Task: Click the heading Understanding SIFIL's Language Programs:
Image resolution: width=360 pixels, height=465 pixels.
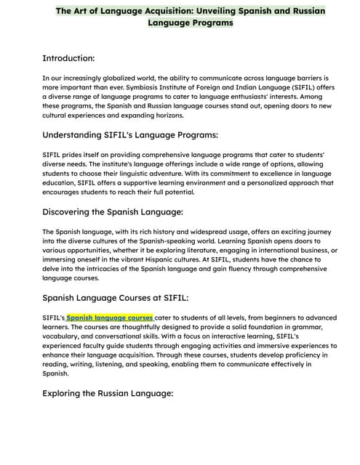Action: (x=130, y=134)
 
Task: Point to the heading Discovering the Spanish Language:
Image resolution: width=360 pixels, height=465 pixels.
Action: (x=113, y=211)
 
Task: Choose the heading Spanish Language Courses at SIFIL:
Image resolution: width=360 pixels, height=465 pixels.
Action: (x=116, y=297)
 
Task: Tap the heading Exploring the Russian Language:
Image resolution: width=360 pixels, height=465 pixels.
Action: (x=108, y=393)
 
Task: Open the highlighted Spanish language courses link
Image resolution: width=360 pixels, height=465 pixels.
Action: (x=109, y=318)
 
